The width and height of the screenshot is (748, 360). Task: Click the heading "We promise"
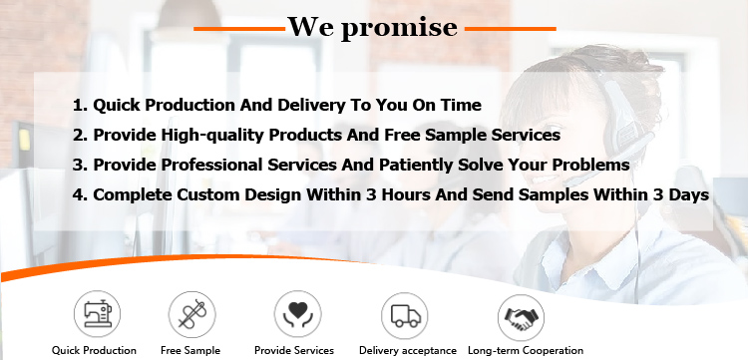point(374,27)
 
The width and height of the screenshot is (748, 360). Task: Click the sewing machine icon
point(95,314)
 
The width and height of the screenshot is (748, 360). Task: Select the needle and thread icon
point(190,314)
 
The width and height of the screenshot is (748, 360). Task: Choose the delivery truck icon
point(407,314)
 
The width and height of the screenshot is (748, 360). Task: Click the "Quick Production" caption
point(95,350)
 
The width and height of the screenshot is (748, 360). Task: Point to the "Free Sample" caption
point(190,350)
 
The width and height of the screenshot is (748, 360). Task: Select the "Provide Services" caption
point(294,350)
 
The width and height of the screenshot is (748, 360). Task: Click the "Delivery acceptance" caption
point(407,350)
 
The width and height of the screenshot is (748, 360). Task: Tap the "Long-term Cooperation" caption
point(526,350)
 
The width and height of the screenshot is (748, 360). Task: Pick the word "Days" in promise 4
point(687,195)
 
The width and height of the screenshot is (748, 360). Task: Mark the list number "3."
point(80,165)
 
